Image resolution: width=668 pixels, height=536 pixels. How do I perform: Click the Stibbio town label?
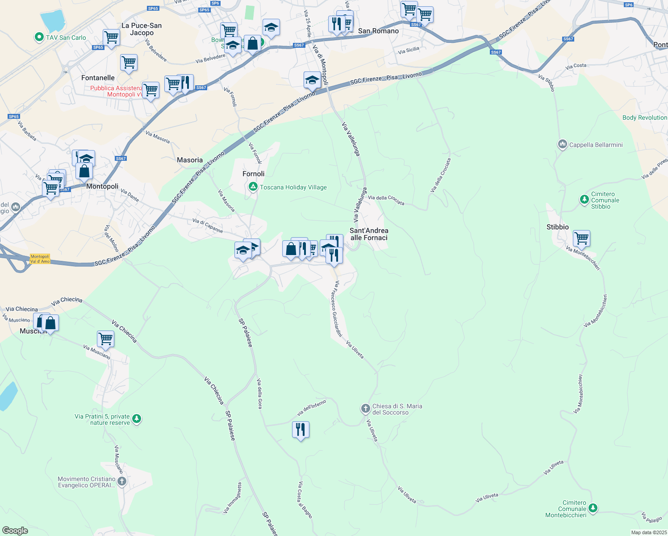click(x=557, y=227)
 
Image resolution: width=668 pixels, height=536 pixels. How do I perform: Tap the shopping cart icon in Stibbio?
click(x=581, y=238)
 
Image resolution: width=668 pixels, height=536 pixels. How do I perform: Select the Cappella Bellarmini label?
click(x=596, y=145)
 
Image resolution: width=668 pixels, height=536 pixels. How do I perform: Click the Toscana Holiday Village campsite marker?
click(x=253, y=187)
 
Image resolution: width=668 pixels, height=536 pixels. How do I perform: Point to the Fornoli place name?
click(x=253, y=174)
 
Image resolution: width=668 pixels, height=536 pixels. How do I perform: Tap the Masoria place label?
click(x=190, y=160)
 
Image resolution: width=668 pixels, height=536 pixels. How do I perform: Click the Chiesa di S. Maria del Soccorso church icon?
click(x=365, y=408)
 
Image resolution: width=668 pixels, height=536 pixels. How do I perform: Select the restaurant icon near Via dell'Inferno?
click(x=301, y=430)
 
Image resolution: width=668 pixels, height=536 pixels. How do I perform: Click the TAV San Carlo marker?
click(x=39, y=38)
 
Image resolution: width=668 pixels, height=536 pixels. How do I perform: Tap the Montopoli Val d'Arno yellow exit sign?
click(x=40, y=259)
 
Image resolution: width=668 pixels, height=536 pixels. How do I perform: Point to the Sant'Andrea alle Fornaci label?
click(x=369, y=234)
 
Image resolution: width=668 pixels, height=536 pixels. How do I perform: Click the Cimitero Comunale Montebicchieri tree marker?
click(x=593, y=508)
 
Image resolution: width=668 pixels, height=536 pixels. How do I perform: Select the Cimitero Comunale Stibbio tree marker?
click(x=584, y=199)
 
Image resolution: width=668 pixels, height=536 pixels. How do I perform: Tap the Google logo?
click(x=15, y=530)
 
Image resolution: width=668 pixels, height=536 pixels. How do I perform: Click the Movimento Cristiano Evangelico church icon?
click(x=122, y=482)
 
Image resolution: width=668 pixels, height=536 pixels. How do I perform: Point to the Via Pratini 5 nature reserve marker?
click(x=137, y=419)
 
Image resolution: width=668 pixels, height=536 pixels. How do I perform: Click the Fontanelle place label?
click(x=98, y=78)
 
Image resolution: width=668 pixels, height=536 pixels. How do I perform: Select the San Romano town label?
click(x=378, y=31)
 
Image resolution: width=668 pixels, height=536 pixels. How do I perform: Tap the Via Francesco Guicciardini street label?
click(x=336, y=309)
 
